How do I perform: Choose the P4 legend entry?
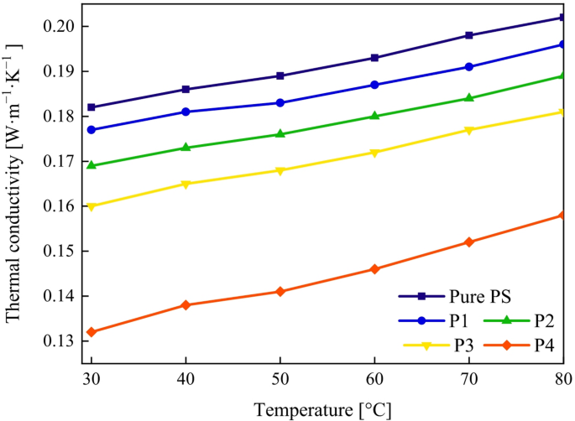536,345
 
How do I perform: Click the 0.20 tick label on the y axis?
61,27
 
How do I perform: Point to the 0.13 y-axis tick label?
61,341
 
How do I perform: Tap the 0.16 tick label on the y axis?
61,206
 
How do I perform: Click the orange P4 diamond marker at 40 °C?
186,305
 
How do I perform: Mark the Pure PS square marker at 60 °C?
374,58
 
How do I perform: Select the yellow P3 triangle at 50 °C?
280,170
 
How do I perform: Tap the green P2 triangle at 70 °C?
469,98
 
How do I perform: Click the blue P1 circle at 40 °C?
186,112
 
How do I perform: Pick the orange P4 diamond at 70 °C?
469,242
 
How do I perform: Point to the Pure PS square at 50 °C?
280,75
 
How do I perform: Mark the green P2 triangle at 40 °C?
186,148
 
